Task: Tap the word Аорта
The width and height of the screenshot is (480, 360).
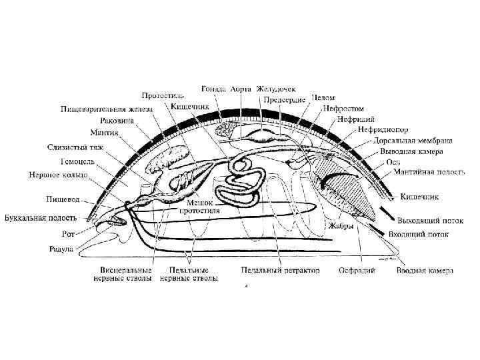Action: click(242, 88)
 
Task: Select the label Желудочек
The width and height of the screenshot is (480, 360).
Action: click(278, 88)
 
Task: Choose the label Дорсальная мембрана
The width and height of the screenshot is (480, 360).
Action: click(413, 141)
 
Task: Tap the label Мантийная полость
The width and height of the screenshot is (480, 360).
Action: click(429, 172)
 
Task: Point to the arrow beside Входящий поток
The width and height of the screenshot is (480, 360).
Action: click(378, 230)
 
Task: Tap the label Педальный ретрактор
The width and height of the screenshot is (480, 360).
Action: click(280, 271)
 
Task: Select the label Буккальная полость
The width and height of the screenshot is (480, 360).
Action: click(40, 217)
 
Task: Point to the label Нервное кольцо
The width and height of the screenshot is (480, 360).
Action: click(58, 175)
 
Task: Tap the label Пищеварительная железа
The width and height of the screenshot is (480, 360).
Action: click(107, 109)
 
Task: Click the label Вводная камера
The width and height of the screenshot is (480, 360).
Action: click(425, 271)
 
